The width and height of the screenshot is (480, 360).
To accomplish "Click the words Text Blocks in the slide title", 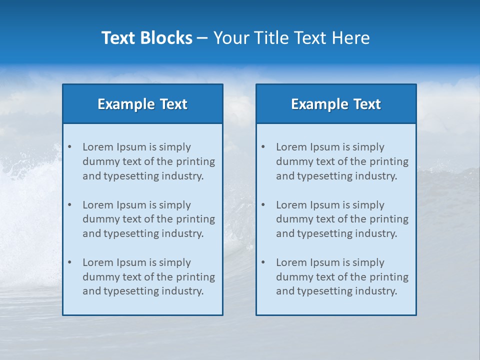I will click(146, 38).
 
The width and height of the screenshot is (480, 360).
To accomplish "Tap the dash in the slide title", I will click(202, 38).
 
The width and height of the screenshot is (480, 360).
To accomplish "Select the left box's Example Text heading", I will click(142, 104).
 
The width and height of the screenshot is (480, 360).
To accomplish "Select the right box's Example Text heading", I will click(336, 104).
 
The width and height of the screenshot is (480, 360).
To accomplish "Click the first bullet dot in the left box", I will click(69, 147).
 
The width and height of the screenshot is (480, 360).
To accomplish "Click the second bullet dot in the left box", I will click(69, 205).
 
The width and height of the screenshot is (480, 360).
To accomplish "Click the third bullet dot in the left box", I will click(69, 262).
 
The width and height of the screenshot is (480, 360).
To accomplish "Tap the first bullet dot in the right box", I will click(263, 147).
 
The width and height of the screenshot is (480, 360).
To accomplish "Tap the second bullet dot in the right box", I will click(263, 205).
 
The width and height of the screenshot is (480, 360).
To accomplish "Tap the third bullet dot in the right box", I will click(263, 262).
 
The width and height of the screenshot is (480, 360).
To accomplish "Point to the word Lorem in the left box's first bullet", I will click(98, 147).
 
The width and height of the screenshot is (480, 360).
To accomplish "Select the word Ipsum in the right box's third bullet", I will click(325, 262).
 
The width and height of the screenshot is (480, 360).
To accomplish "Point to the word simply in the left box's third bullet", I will click(175, 262).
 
